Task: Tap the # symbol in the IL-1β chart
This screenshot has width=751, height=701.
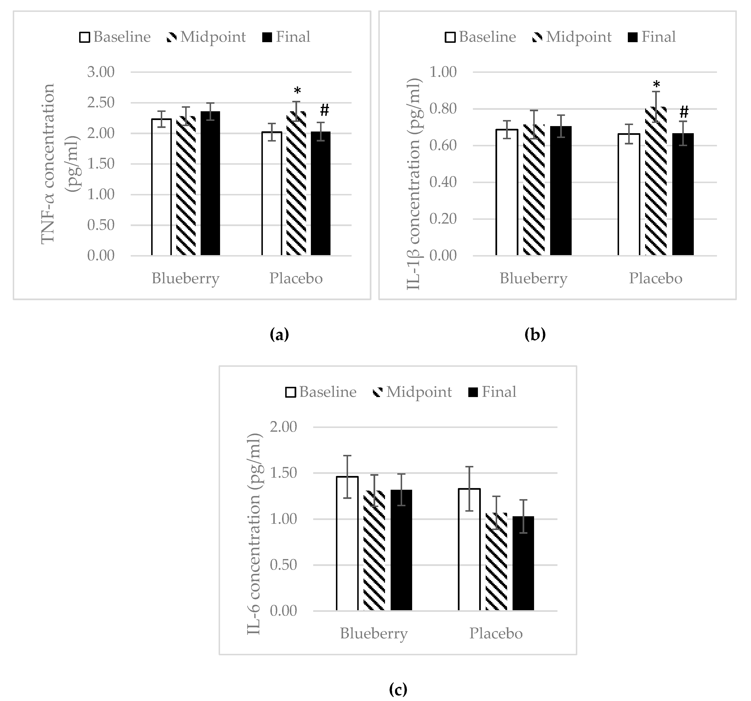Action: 684,112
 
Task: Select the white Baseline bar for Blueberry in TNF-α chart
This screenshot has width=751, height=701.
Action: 162,187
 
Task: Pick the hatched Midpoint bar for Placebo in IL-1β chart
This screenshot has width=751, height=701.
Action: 656,181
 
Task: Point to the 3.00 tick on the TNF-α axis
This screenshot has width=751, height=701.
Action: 101,72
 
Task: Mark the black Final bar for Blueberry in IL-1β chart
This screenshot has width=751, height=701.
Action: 561,191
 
